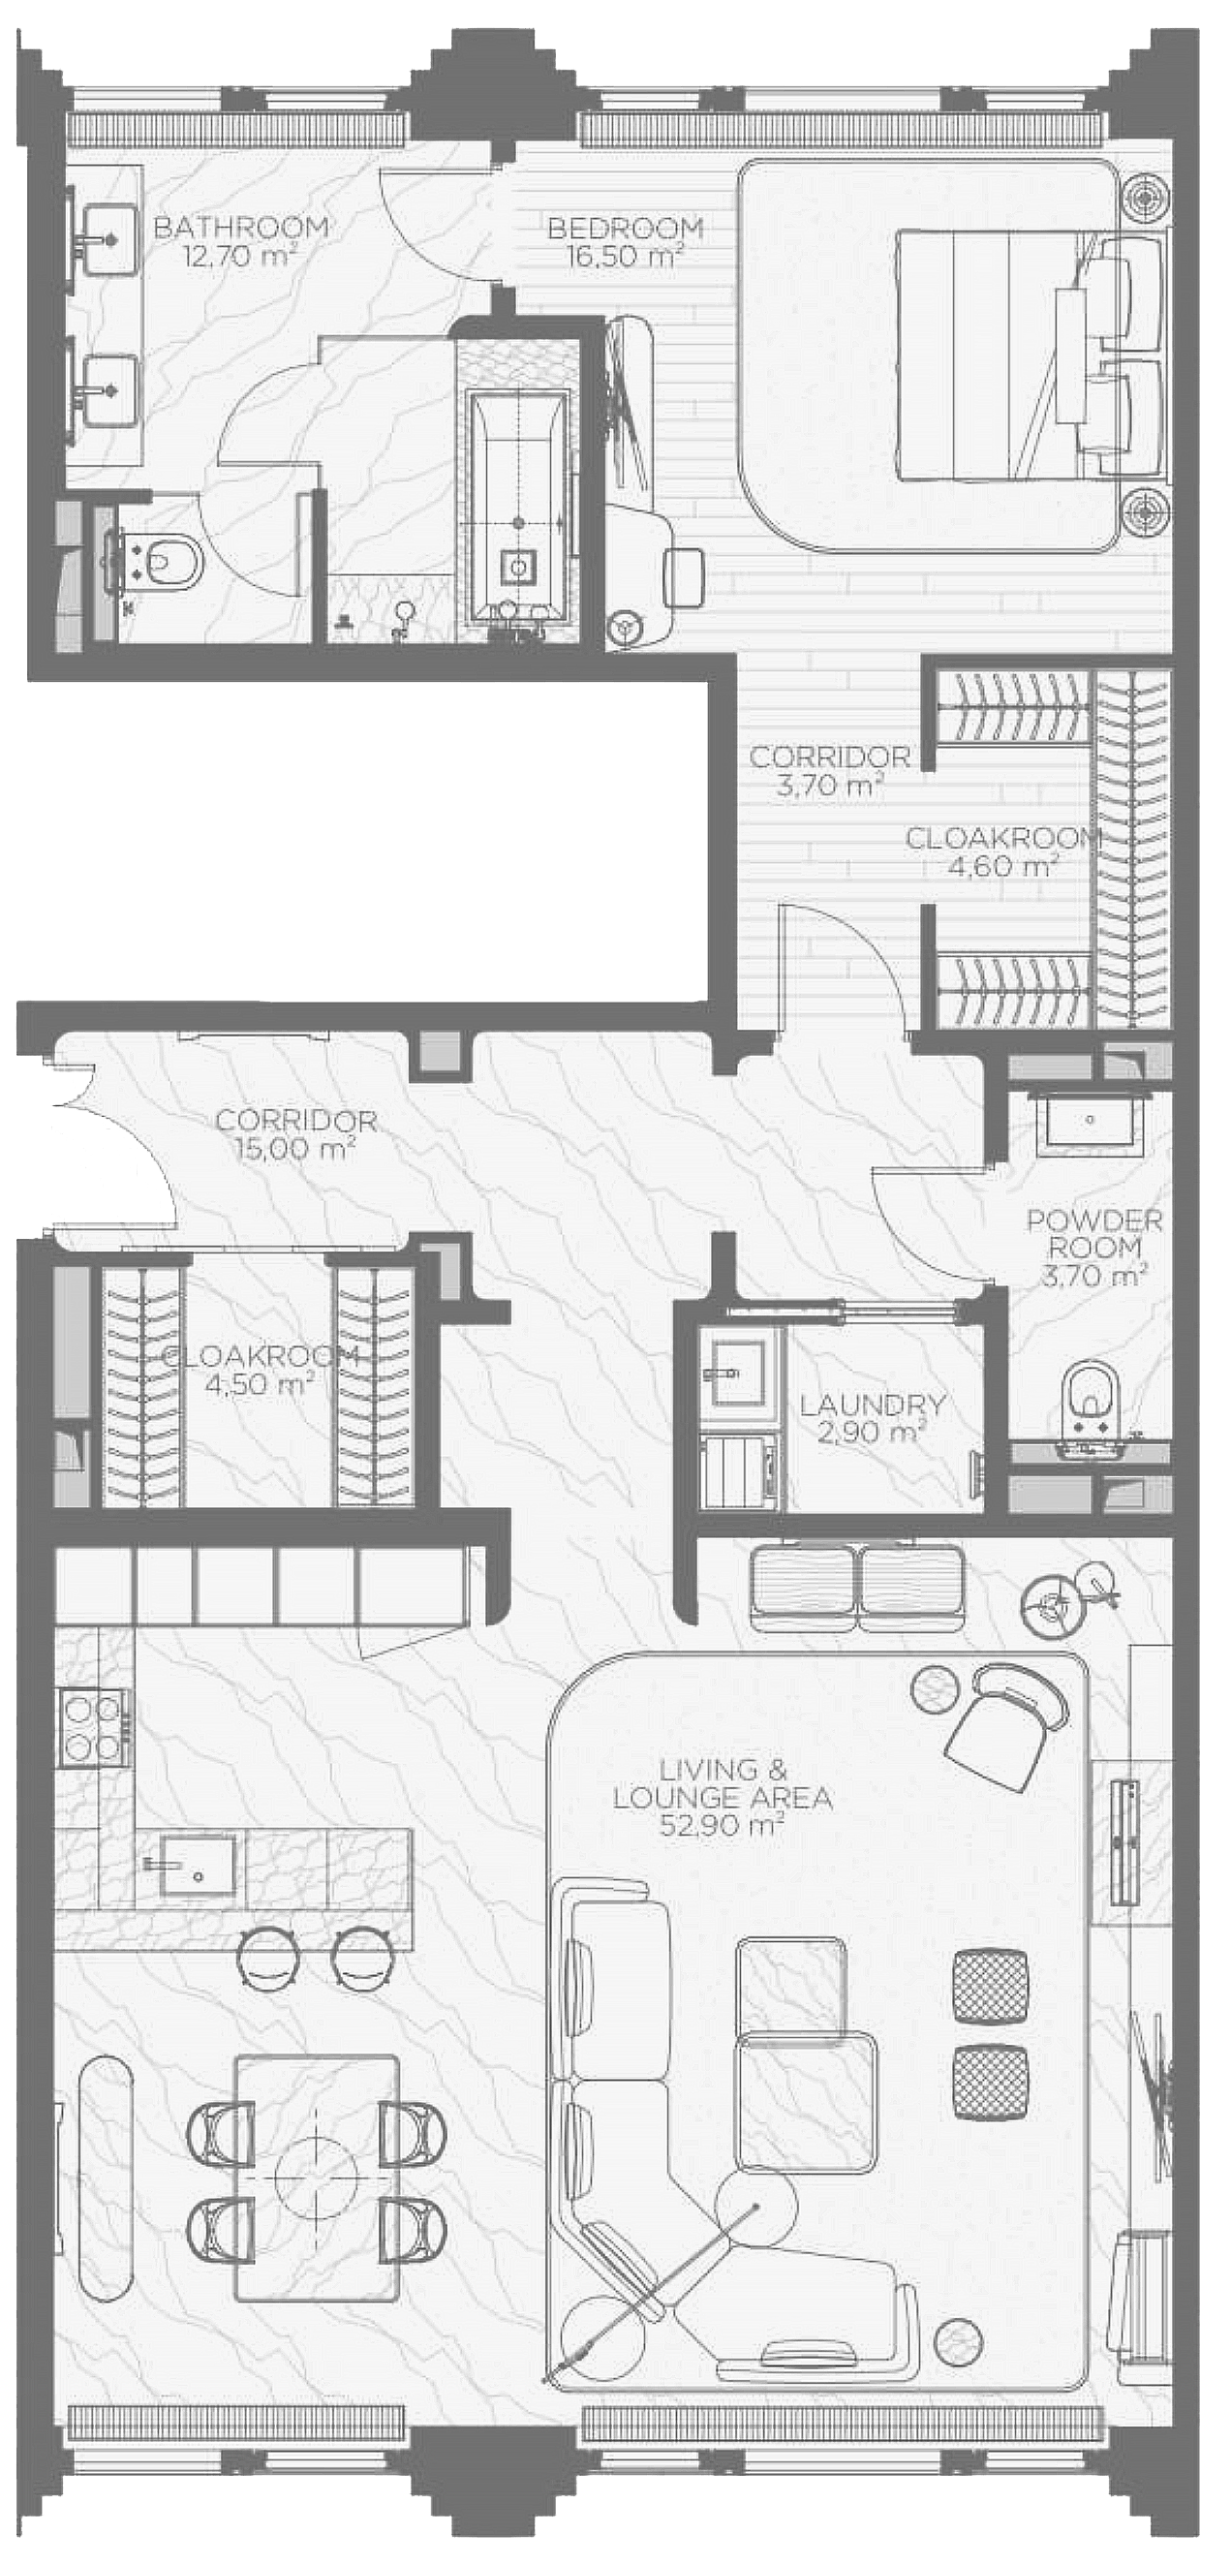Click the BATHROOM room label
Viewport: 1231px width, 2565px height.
[x=241, y=228]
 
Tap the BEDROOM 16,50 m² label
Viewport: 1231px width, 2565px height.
[x=626, y=242]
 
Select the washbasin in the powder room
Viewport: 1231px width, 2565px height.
[x=1090, y=1121]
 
